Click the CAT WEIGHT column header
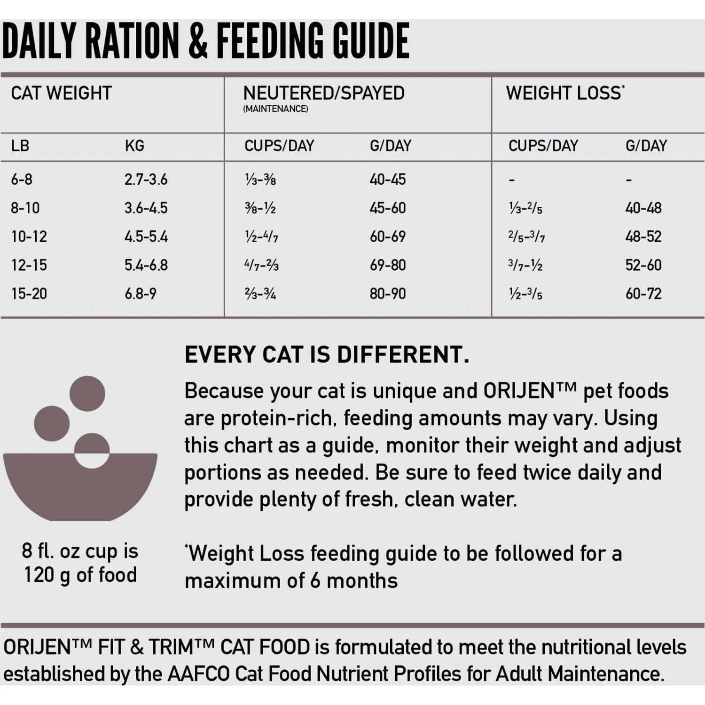[61, 93]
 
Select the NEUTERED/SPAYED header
[323, 93]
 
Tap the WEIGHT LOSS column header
[564, 93]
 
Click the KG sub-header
[134, 146]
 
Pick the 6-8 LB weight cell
[22, 180]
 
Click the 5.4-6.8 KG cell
[146, 265]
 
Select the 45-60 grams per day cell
[387, 208]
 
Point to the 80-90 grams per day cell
[387, 294]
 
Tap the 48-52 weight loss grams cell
[643, 236]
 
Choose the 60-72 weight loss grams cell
[643, 294]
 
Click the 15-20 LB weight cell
[29, 294]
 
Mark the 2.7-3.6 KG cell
[146, 180]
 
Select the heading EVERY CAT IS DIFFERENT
[327, 354]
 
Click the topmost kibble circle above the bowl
[87, 393]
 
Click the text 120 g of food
[80, 575]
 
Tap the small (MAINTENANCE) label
[275, 109]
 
